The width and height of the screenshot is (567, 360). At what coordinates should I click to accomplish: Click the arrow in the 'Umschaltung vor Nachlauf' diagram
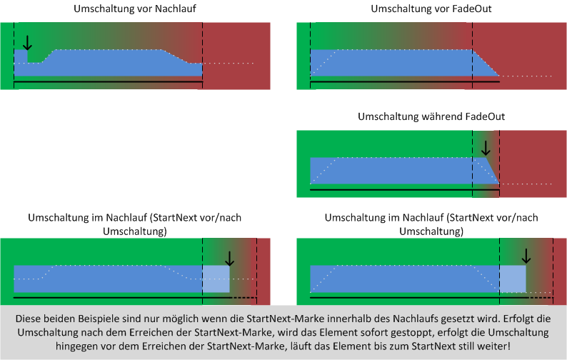(27, 43)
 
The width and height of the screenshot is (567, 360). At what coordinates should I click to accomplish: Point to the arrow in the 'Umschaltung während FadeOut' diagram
(486, 148)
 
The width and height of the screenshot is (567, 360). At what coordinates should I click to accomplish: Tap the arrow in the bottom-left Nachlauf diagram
(229, 259)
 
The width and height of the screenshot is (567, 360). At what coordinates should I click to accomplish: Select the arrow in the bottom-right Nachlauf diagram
(526, 256)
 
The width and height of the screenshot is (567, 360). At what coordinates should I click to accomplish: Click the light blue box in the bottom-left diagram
(216, 279)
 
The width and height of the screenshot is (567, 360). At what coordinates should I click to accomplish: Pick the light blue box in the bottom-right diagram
(513, 279)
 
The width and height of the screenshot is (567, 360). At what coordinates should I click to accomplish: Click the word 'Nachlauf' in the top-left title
(176, 9)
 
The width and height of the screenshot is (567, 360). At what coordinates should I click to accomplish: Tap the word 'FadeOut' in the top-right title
(473, 9)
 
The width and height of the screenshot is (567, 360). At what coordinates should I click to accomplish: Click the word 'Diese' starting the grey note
(27, 319)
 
